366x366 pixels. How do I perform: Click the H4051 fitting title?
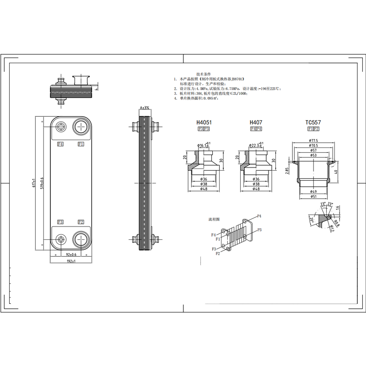(x=204, y=123)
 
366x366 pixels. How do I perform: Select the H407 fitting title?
(x=256, y=123)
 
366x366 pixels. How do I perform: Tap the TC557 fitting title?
(x=313, y=123)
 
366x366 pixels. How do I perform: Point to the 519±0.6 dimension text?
(x=43, y=183)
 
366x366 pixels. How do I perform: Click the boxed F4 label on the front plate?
(x=60, y=144)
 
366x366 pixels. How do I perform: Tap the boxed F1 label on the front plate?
(x=81, y=144)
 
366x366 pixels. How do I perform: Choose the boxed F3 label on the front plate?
(x=60, y=222)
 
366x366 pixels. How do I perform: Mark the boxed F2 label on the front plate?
(x=81, y=222)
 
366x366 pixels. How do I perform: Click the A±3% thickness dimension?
(x=145, y=108)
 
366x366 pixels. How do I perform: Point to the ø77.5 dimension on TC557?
(x=313, y=140)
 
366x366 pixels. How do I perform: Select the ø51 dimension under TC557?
(x=313, y=196)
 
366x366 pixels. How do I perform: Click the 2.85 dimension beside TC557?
(x=287, y=172)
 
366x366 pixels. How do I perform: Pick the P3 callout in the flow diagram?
(x=259, y=229)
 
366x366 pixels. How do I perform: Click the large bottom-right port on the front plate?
(x=81, y=239)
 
